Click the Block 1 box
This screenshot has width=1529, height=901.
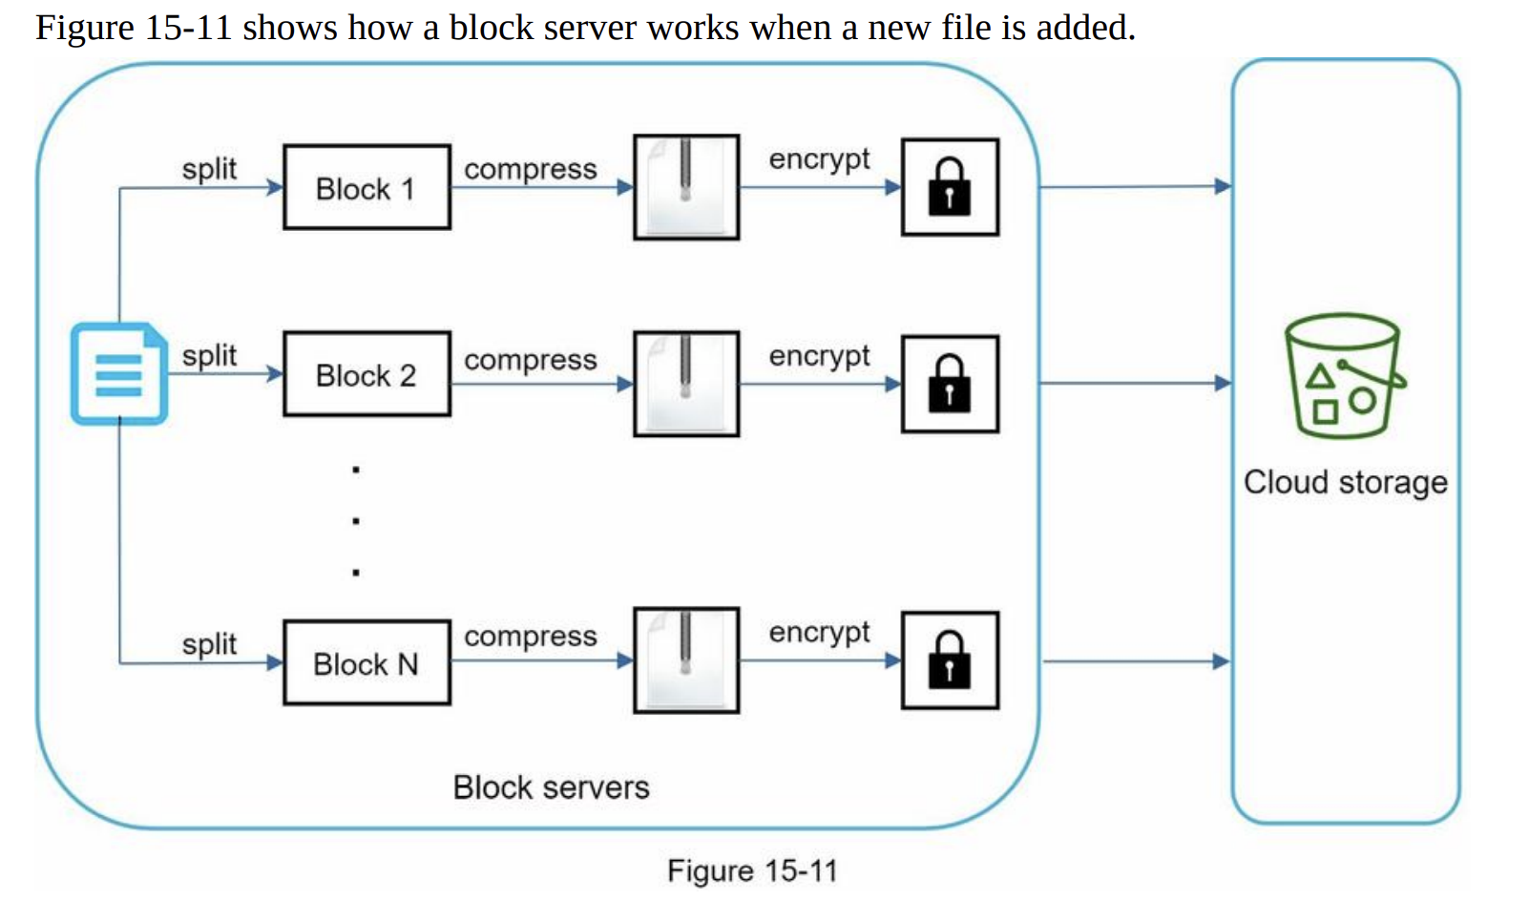point(367,187)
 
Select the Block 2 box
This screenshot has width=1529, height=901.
point(367,374)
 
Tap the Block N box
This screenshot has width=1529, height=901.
point(367,662)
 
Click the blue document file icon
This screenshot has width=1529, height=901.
point(119,374)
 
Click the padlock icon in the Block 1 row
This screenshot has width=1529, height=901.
point(950,187)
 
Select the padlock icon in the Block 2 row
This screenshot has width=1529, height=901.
point(950,384)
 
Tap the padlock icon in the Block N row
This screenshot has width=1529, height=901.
point(950,660)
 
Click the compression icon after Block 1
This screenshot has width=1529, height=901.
point(686,187)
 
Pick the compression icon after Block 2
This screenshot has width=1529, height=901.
point(686,384)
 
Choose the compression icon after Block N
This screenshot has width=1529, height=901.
point(686,660)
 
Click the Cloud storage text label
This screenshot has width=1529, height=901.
point(1345,482)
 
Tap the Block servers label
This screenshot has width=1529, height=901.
point(551,787)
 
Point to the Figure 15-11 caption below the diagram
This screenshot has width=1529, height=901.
point(752,870)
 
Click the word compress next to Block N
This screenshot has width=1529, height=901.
point(531,637)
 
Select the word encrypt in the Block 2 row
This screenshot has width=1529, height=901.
point(819,356)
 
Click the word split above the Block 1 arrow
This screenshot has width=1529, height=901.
point(209,169)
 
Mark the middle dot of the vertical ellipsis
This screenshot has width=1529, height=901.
point(356,521)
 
